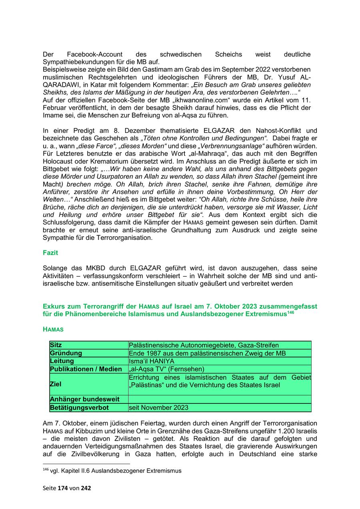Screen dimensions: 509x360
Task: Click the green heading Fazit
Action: [x=50, y=253]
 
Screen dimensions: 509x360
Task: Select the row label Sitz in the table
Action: [x=56, y=345]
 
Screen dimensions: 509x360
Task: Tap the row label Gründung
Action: [x=66, y=353]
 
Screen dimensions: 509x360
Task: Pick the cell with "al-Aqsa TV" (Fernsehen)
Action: [x=166, y=369]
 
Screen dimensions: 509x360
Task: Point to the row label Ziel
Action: [x=56, y=384]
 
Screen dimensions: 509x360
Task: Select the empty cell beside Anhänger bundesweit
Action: [x=220, y=399]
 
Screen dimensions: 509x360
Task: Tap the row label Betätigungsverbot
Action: [x=79, y=408]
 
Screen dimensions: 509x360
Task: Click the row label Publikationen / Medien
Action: [x=86, y=369]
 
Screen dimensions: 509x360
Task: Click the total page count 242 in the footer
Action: [x=86, y=488]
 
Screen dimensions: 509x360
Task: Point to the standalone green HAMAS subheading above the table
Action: [x=53, y=329]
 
